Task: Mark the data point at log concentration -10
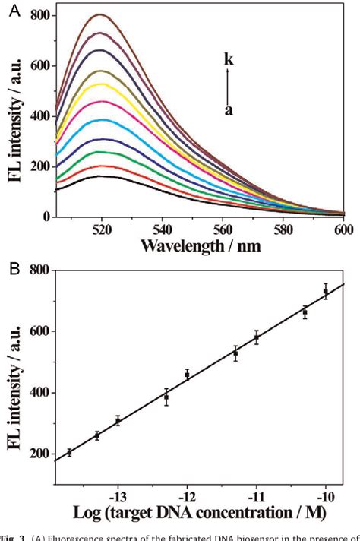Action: (x=326, y=292)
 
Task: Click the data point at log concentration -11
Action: (x=257, y=337)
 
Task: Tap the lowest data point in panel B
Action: (x=70, y=452)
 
